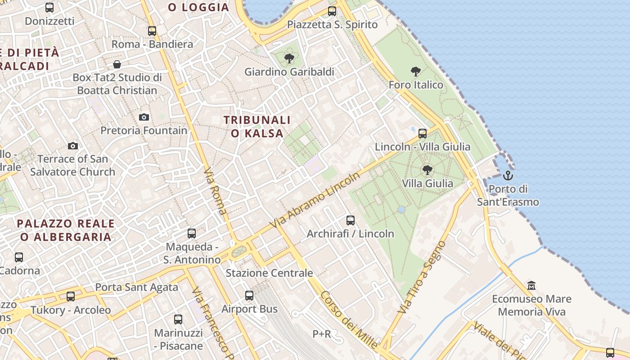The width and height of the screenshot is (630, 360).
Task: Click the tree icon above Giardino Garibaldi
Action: point(289,58)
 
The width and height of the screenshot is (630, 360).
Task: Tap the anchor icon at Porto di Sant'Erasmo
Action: point(508,175)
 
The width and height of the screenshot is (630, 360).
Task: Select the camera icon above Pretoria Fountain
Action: point(144,117)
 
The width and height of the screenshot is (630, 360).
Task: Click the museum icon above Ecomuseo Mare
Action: point(531,285)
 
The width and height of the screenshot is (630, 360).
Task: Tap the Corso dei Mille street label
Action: point(349,319)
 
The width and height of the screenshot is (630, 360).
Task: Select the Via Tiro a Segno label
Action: point(422,277)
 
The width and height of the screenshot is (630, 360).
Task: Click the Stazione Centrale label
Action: point(269,273)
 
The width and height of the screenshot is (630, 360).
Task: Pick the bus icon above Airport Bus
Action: point(249,296)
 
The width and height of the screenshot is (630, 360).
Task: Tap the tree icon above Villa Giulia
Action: point(427,170)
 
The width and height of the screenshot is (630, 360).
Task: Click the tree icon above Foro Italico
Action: point(416,71)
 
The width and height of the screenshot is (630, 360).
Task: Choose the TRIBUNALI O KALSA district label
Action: point(257,126)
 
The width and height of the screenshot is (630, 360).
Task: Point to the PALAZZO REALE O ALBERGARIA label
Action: point(66,230)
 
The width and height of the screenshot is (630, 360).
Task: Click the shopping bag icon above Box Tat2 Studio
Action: point(117,64)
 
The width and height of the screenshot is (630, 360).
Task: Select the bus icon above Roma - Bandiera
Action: point(152,31)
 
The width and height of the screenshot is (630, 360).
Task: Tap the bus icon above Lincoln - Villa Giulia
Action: point(423,134)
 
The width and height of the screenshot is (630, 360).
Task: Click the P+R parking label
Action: point(322,334)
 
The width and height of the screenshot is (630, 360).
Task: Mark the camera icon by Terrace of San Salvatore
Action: point(73,146)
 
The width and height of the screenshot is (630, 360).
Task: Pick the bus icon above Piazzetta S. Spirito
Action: point(332,11)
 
